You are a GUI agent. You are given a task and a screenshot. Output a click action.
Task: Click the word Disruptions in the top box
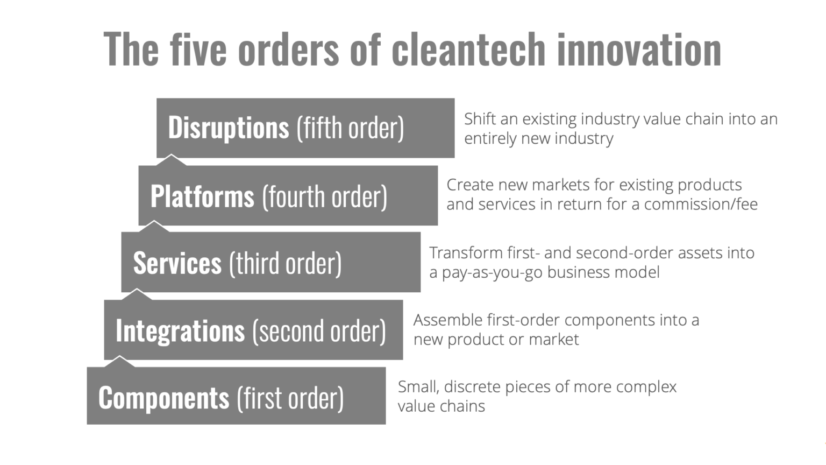click(229, 128)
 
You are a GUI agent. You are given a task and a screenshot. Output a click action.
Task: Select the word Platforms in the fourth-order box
click(202, 196)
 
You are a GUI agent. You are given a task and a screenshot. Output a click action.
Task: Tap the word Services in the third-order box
click(177, 263)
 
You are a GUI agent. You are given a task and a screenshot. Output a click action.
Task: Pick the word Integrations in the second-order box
click(180, 330)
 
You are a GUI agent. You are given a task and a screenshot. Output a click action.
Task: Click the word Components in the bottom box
click(163, 398)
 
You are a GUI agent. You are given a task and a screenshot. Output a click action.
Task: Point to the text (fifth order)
click(350, 128)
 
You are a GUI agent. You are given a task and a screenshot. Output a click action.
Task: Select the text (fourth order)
click(324, 196)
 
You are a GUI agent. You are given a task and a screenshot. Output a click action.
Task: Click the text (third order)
click(286, 263)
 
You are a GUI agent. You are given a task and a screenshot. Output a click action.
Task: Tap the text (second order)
click(319, 330)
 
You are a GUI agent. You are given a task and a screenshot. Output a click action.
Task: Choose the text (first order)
click(290, 398)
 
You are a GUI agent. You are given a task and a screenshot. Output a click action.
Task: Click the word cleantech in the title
click(468, 50)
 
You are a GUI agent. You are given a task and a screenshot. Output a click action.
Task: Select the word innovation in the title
click(639, 50)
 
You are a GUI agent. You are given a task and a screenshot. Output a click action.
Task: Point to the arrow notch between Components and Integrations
click(119, 361)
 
